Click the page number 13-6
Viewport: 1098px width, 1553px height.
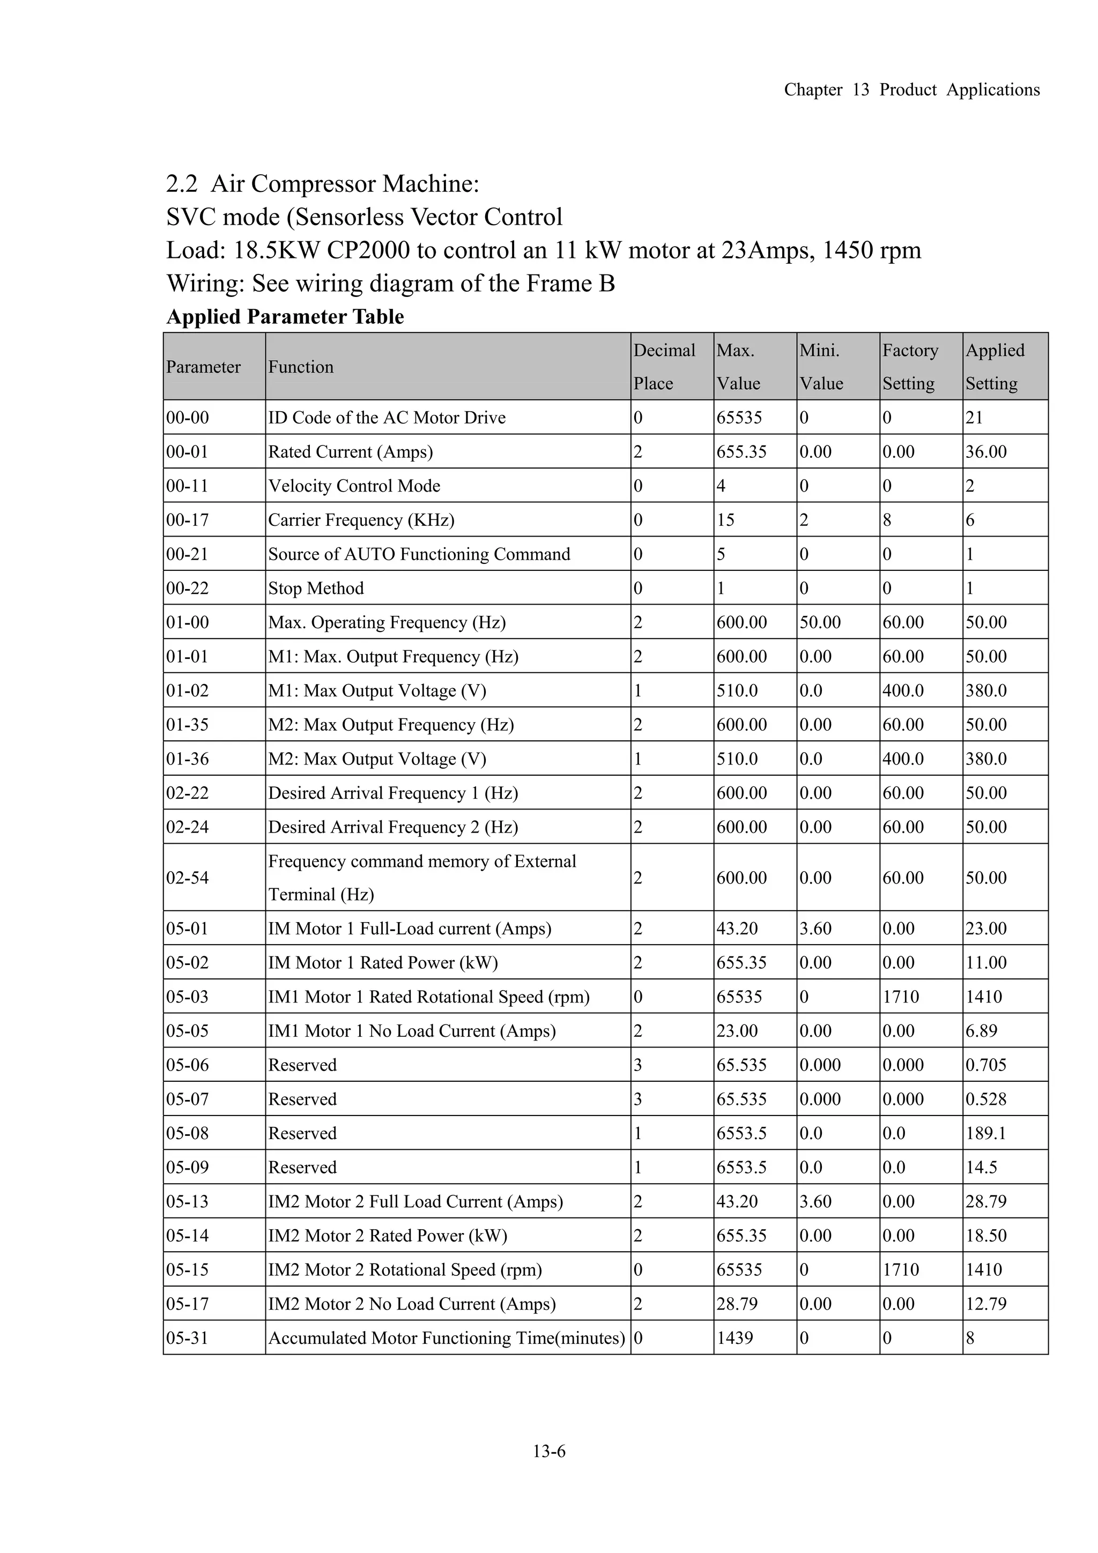tap(548, 1451)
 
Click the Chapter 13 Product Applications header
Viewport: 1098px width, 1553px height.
tap(911, 90)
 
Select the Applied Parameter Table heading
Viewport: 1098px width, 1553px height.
tap(285, 317)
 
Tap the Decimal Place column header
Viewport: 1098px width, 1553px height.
tap(664, 367)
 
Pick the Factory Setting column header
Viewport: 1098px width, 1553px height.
tap(910, 367)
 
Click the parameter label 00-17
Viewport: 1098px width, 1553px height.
tap(188, 519)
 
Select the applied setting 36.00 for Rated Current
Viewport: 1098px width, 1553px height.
tap(986, 451)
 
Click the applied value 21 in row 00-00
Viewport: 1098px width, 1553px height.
tap(974, 418)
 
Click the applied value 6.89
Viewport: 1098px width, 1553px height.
tap(981, 1031)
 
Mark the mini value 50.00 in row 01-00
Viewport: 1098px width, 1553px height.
tap(820, 622)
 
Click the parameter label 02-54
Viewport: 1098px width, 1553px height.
tap(188, 878)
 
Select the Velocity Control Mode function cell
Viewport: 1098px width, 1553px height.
tap(354, 486)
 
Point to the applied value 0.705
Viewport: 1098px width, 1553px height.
tap(986, 1065)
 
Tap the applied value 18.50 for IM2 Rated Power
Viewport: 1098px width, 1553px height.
tap(986, 1235)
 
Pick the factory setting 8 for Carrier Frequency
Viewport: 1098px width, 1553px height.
tap(887, 519)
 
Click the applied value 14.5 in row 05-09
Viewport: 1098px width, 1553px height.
tap(981, 1167)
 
